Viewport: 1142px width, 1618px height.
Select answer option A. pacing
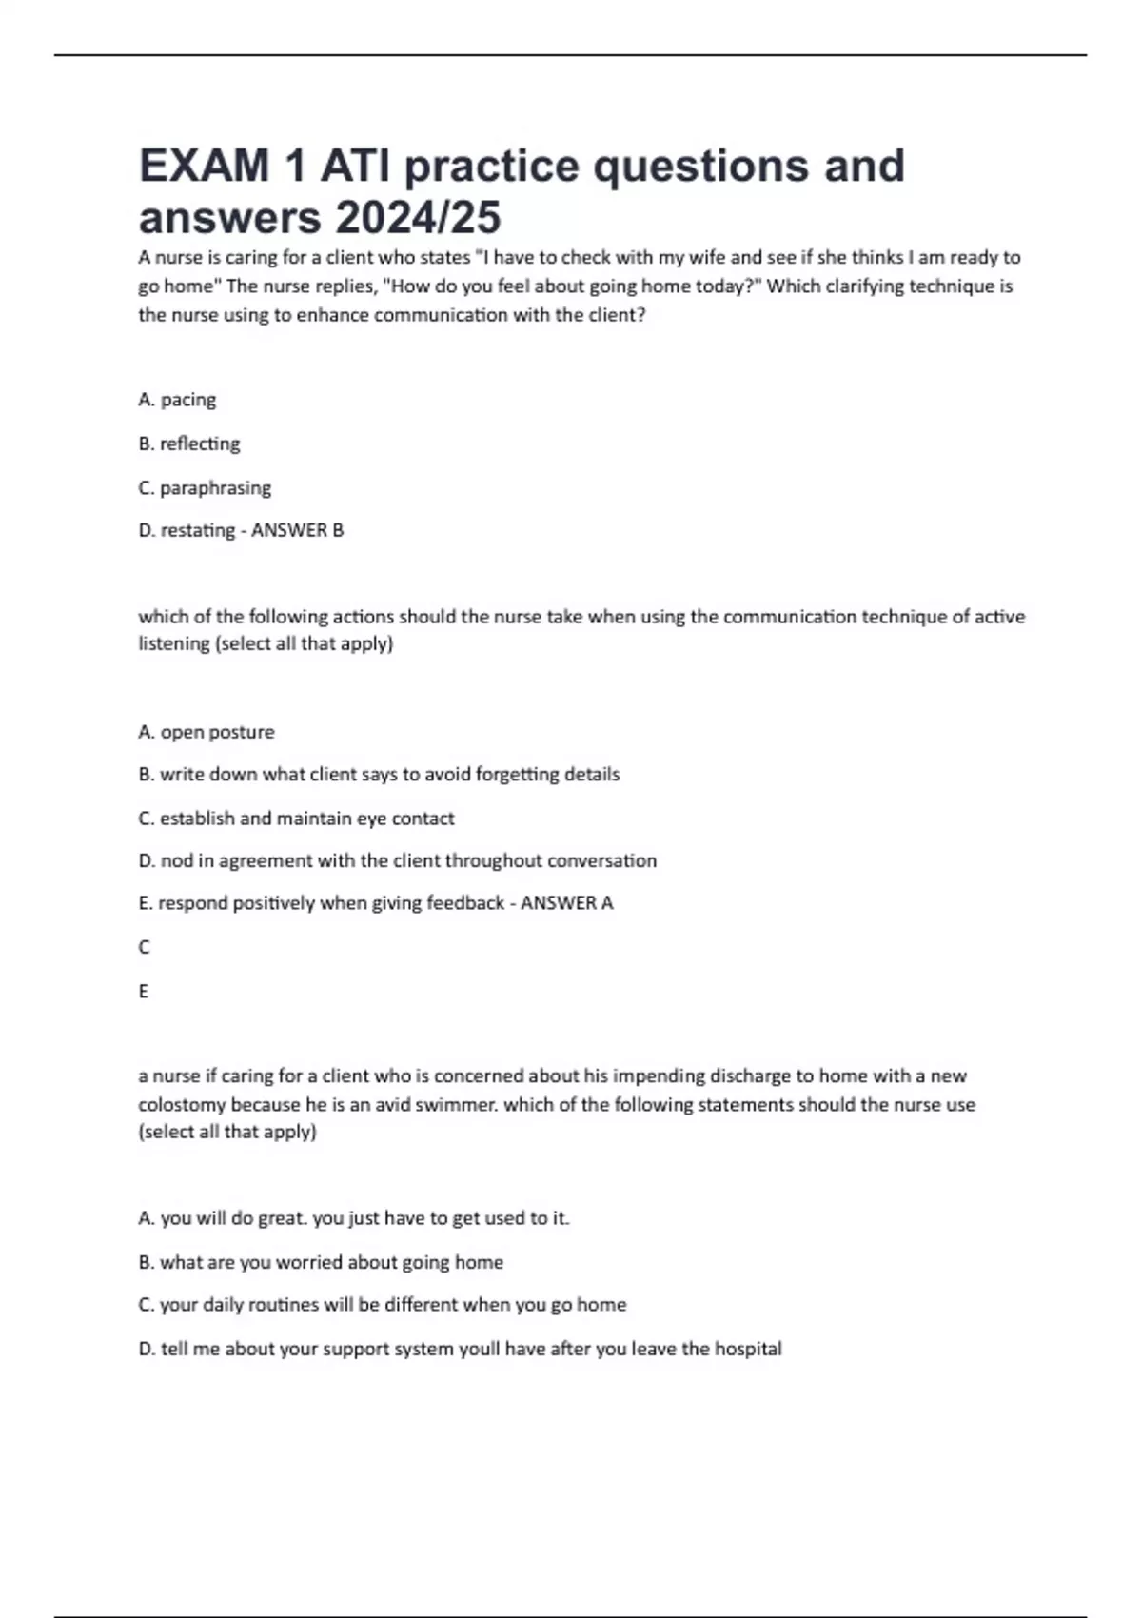tap(177, 400)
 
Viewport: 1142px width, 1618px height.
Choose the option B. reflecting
tap(189, 444)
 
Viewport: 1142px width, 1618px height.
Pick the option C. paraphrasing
tap(205, 488)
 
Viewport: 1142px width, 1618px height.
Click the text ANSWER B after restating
tap(297, 530)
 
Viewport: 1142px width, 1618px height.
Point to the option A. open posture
tap(207, 732)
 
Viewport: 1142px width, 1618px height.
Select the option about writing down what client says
tap(379, 775)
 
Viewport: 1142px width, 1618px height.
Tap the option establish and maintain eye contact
tap(296, 819)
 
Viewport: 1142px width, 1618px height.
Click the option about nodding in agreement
tap(397, 861)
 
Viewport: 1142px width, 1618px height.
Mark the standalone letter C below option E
tap(144, 947)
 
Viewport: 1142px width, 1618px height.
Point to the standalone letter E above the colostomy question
tap(144, 991)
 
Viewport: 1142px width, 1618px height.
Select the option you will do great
tap(354, 1218)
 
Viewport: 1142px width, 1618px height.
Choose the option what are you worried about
tap(321, 1262)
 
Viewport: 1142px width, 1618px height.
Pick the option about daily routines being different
tap(383, 1305)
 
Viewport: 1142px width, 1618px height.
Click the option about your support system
tap(460, 1349)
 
